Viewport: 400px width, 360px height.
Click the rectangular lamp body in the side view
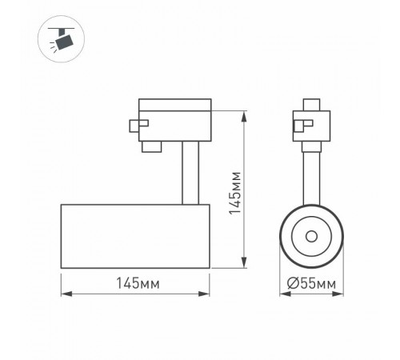(136, 236)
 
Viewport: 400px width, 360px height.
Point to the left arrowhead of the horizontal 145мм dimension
(65, 294)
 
